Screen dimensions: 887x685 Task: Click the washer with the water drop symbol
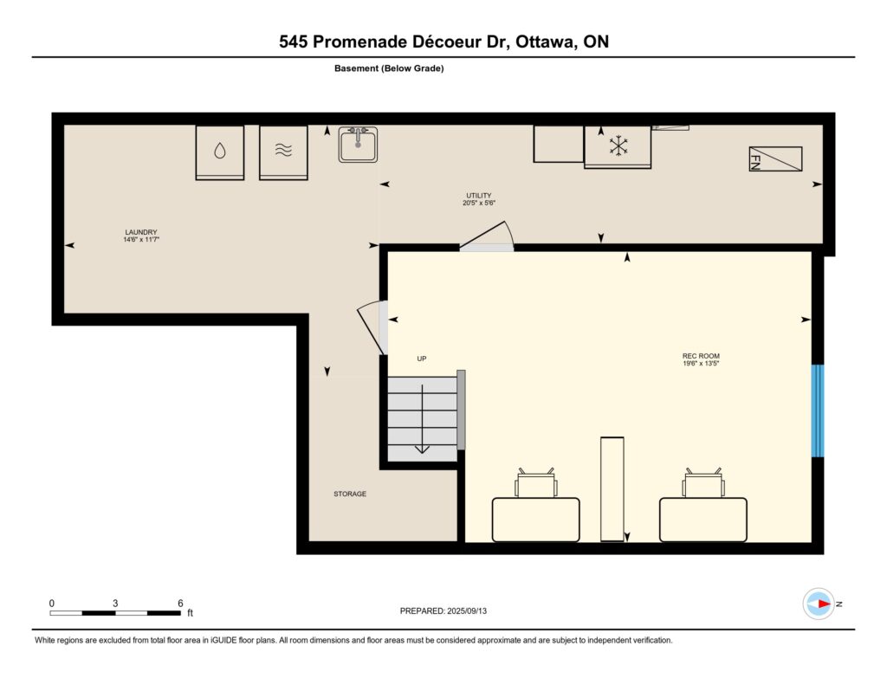[x=219, y=152]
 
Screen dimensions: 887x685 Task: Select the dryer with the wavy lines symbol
[x=283, y=152]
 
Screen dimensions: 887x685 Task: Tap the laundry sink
[x=358, y=145]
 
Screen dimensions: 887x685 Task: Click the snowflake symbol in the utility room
[x=618, y=145]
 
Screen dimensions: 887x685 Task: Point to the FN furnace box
[x=775, y=159]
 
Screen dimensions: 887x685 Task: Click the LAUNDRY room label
[x=141, y=232]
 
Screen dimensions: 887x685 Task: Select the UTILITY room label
[x=478, y=196]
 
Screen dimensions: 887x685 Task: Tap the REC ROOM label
[x=701, y=356]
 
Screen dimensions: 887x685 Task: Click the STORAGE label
[x=350, y=494]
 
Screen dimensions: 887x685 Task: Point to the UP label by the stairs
[x=422, y=359]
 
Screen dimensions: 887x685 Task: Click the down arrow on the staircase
[x=422, y=419]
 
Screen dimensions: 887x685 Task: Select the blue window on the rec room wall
[x=818, y=410]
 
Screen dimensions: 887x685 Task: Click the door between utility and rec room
[x=487, y=237]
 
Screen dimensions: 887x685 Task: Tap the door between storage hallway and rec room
[x=373, y=327]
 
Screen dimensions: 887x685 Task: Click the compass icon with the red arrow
[x=819, y=604]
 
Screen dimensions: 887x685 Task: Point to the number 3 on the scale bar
[x=115, y=603]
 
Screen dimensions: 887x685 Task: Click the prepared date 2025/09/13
[x=467, y=611]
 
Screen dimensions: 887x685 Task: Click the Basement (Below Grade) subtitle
[x=389, y=68]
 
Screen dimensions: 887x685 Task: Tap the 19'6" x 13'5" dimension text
[x=701, y=364]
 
